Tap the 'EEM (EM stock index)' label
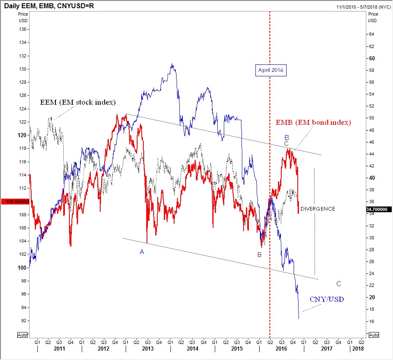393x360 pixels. [x=78, y=102]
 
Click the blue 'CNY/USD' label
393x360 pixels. [x=327, y=300]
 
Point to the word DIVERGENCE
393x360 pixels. [x=317, y=209]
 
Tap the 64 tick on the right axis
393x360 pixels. [x=372, y=34]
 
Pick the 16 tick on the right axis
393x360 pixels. [x=372, y=321]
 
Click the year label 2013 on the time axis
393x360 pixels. [x=148, y=349]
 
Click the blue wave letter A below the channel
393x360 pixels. [x=142, y=252]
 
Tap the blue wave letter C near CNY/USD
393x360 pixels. [x=338, y=284]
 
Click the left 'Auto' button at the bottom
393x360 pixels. [x=23, y=335]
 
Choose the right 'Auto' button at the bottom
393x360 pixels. [x=373, y=335]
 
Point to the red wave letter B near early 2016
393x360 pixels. [x=259, y=255]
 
